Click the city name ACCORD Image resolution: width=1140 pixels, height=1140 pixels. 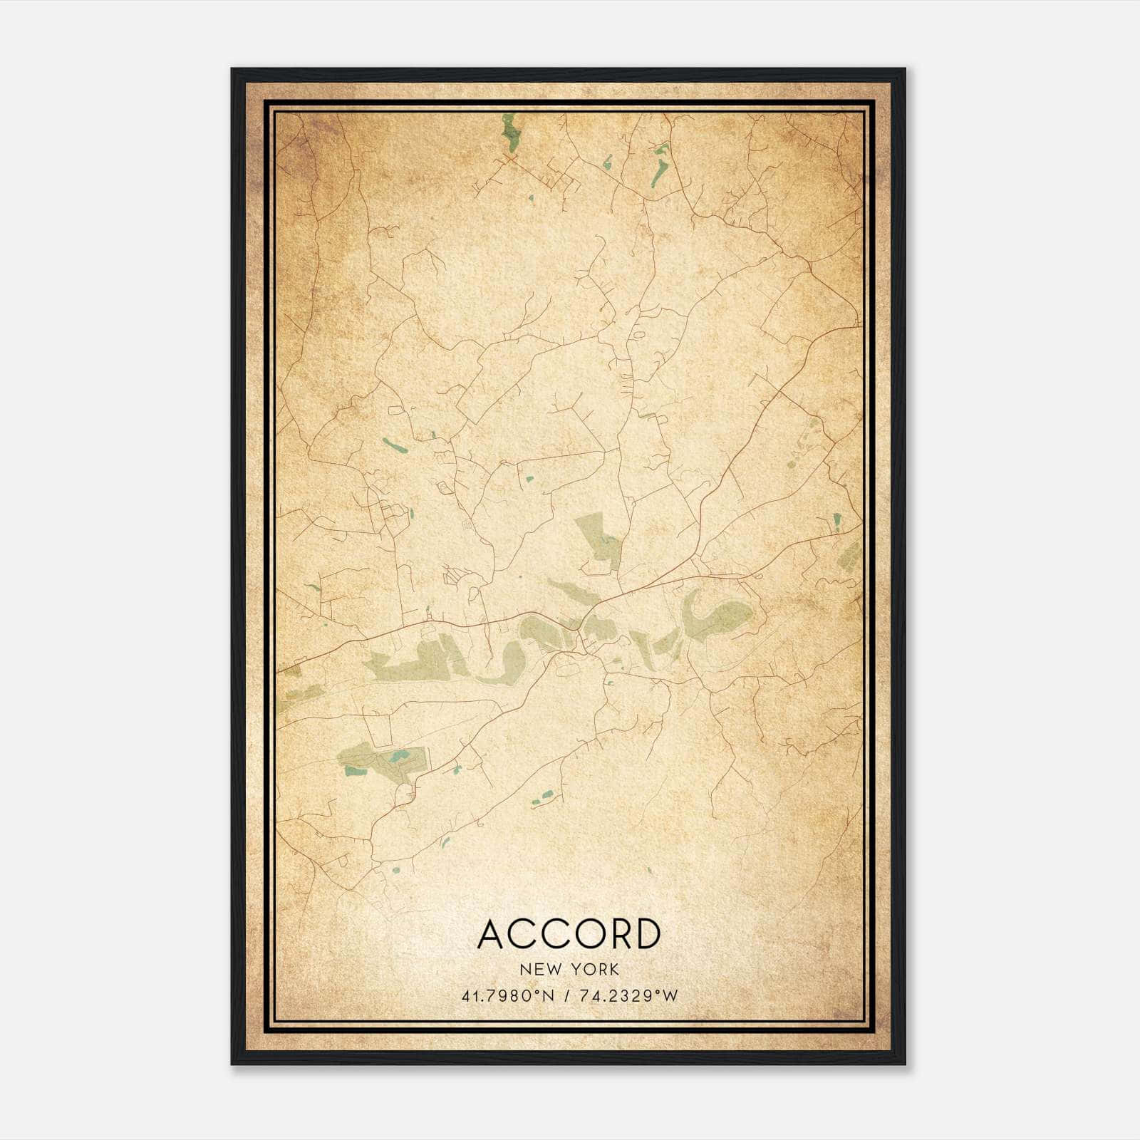tap(569, 934)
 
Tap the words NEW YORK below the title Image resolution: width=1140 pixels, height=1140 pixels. tap(569, 970)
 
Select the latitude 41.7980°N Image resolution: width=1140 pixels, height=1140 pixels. tap(507, 996)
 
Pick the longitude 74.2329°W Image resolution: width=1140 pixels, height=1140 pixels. tap(626, 996)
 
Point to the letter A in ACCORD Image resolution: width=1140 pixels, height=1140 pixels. tap(493, 934)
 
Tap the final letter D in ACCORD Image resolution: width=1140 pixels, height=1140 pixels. tap(646, 934)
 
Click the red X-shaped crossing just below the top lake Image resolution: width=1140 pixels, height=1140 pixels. tap(510, 158)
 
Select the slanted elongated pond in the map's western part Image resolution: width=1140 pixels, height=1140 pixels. tap(394, 446)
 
